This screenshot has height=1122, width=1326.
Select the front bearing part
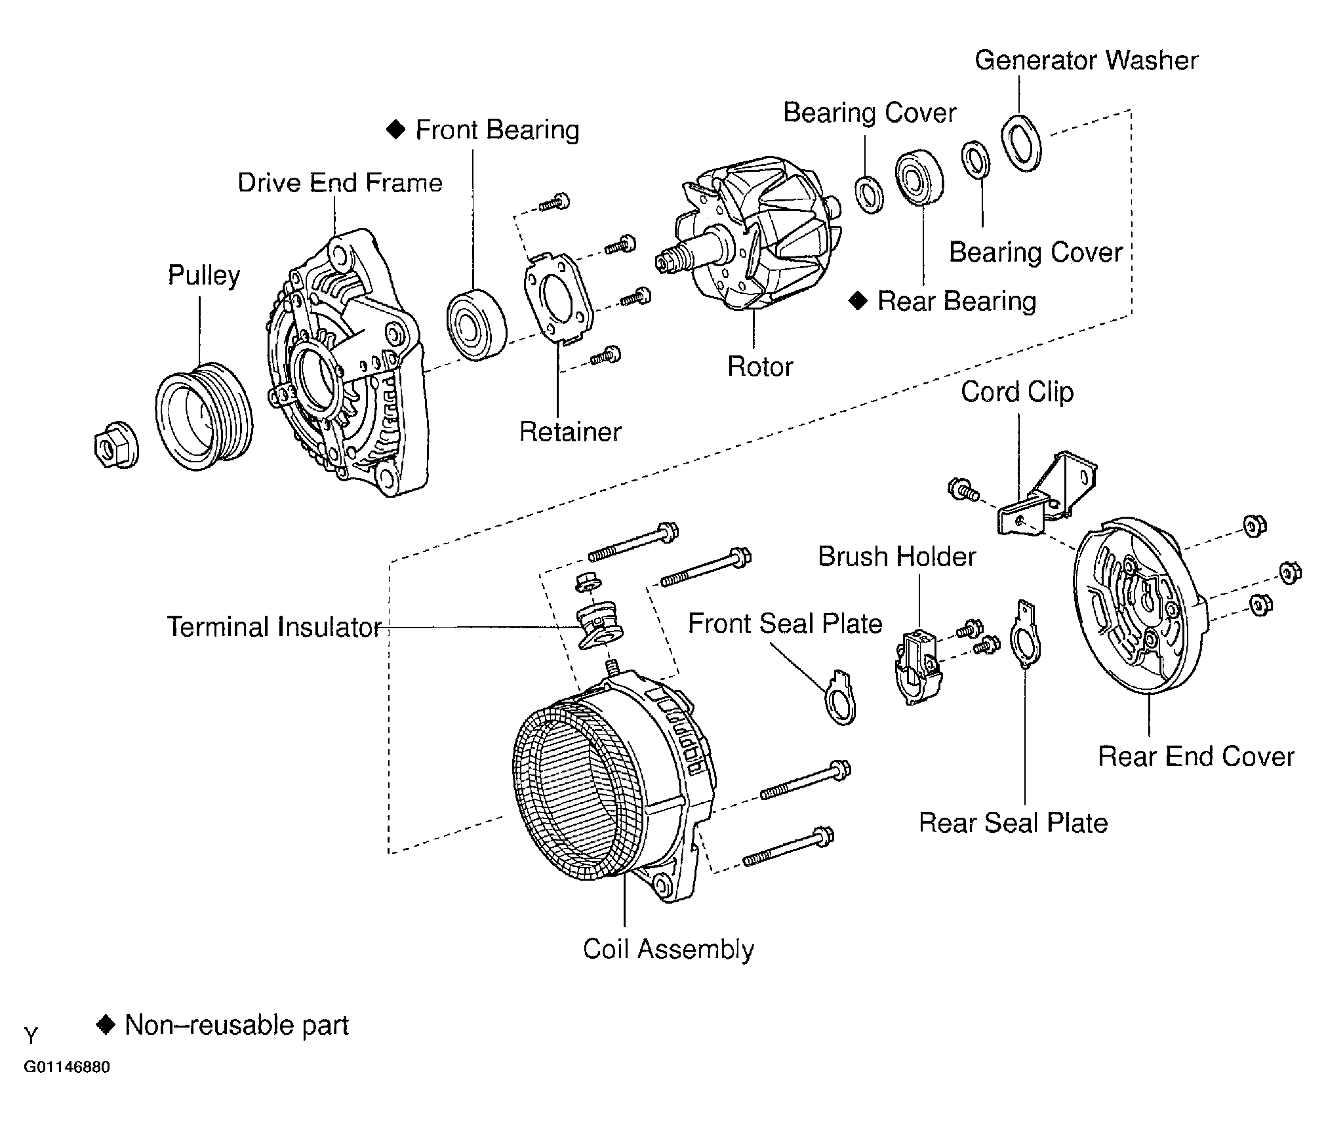click(477, 324)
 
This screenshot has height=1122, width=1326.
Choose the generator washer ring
click(1021, 143)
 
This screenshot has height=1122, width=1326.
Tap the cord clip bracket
click(1048, 492)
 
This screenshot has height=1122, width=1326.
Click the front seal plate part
click(840, 697)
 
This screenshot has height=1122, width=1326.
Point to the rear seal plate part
click(1026, 634)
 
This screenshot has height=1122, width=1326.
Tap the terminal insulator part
click(600, 627)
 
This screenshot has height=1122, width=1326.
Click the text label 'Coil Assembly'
click(668, 949)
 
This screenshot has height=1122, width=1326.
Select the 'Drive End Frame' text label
click(340, 182)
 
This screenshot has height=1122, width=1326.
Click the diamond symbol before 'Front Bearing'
click(395, 129)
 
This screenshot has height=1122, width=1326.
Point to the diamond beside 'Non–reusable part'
click(106, 1024)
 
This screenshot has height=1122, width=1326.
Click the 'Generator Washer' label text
click(1086, 60)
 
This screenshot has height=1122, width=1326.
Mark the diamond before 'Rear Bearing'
click(858, 301)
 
